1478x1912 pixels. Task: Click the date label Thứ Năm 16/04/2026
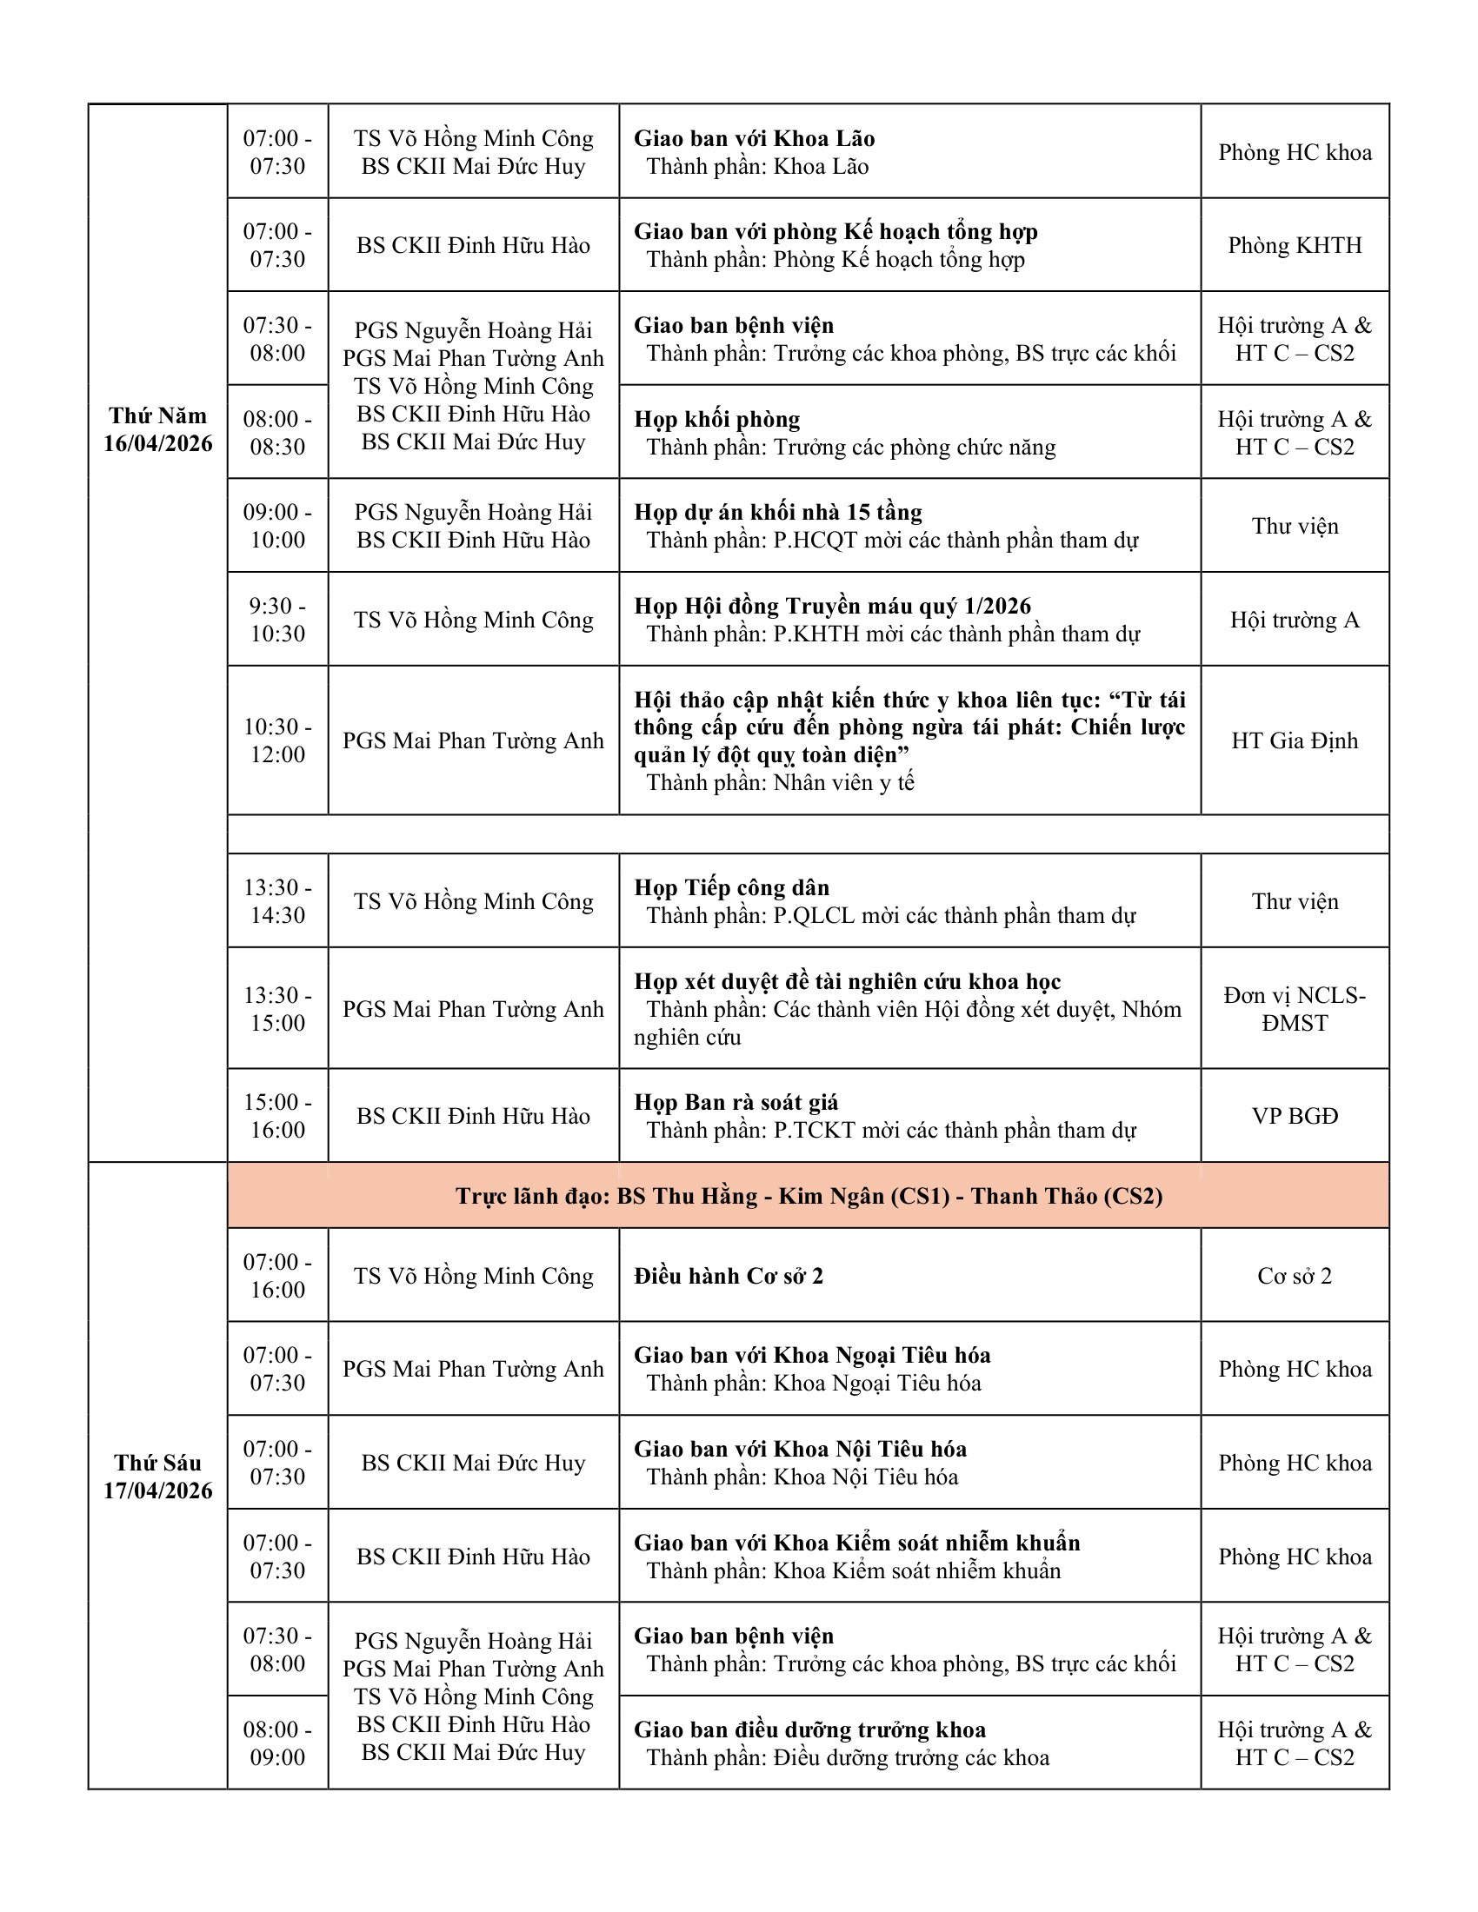(x=157, y=429)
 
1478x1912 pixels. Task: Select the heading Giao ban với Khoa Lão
(x=754, y=138)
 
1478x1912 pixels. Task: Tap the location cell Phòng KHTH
(x=1295, y=245)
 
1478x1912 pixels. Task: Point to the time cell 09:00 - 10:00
(x=277, y=525)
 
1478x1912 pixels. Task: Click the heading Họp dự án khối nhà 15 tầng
(x=777, y=512)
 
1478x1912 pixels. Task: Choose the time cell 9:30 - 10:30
(x=277, y=619)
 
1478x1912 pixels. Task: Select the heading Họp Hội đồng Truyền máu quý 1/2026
(x=832, y=606)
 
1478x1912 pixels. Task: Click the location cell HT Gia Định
(x=1295, y=740)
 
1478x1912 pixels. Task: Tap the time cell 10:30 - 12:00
(x=277, y=740)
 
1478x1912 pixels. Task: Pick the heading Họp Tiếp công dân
(x=731, y=887)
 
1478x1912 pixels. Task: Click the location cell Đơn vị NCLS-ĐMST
(x=1295, y=1008)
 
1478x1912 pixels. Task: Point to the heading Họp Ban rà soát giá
(x=736, y=1102)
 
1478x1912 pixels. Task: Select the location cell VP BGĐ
(x=1295, y=1116)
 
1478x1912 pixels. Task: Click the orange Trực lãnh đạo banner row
(x=809, y=1196)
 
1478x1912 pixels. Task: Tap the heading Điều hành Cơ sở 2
(x=729, y=1276)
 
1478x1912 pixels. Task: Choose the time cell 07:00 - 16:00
(x=277, y=1276)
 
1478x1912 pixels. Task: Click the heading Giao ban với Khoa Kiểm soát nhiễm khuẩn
(x=856, y=1543)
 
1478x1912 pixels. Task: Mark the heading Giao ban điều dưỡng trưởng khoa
(x=809, y=1729)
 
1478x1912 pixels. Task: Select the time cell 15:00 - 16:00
(x=277, y=1116)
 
